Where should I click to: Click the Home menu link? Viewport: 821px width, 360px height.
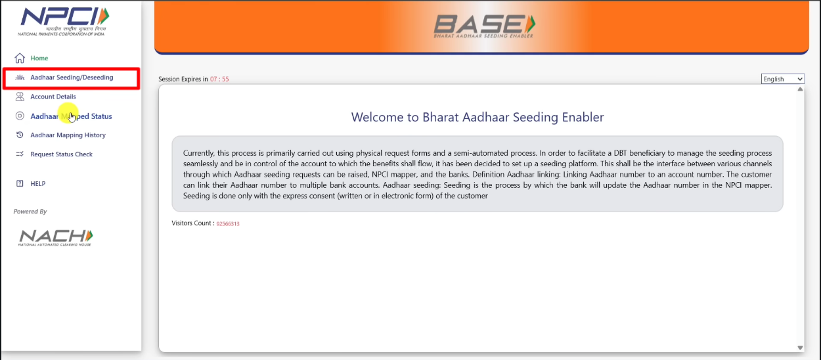(x=39, y=58)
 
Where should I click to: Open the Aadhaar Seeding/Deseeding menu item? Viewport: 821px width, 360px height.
(x=72, y=78)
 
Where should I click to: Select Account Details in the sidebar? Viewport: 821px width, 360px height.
(x=53, y=97)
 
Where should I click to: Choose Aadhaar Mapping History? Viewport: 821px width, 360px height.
(x=68, y=135)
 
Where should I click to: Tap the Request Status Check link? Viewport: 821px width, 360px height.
(x=61, y=154)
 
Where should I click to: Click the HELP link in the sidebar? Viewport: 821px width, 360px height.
(x=37, y=184)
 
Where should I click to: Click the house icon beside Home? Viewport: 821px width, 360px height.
(x=20, y=58)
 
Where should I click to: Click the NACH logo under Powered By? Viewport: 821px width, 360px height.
(x=56, y=236)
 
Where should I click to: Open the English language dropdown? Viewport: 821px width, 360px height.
(x=783, y=79)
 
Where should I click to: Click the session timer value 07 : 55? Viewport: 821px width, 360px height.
(x=219, y=79)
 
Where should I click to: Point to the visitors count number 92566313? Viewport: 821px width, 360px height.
(x=228, y=224)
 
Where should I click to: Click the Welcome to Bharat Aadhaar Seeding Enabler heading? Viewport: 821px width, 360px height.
(x=477, y=118)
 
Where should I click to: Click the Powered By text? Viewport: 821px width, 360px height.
(x=30, y=212)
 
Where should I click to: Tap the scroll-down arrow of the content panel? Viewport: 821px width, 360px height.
(x=800, y=348)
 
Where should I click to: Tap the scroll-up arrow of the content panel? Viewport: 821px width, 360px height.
(x=800, y=89)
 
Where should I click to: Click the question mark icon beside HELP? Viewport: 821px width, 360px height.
(x=20, y=184)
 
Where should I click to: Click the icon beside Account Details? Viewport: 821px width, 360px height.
(x=20, y=97)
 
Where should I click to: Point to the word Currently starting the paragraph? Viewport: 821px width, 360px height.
(x=199, y=153)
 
